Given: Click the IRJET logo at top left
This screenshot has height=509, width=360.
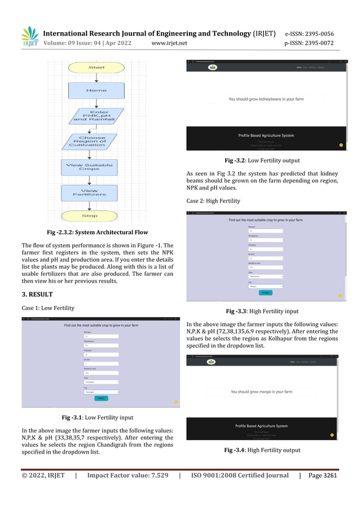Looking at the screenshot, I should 29,37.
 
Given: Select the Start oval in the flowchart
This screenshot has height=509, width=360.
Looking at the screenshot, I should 92,68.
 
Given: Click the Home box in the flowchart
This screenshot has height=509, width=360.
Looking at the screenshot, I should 92,90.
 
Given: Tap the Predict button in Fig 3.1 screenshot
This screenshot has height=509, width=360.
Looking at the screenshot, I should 101,398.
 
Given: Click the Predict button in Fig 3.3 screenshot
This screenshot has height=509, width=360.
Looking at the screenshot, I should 264,292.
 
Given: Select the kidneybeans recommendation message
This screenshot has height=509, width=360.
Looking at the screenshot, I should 266,99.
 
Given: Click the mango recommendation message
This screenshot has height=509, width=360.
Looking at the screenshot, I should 261,391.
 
